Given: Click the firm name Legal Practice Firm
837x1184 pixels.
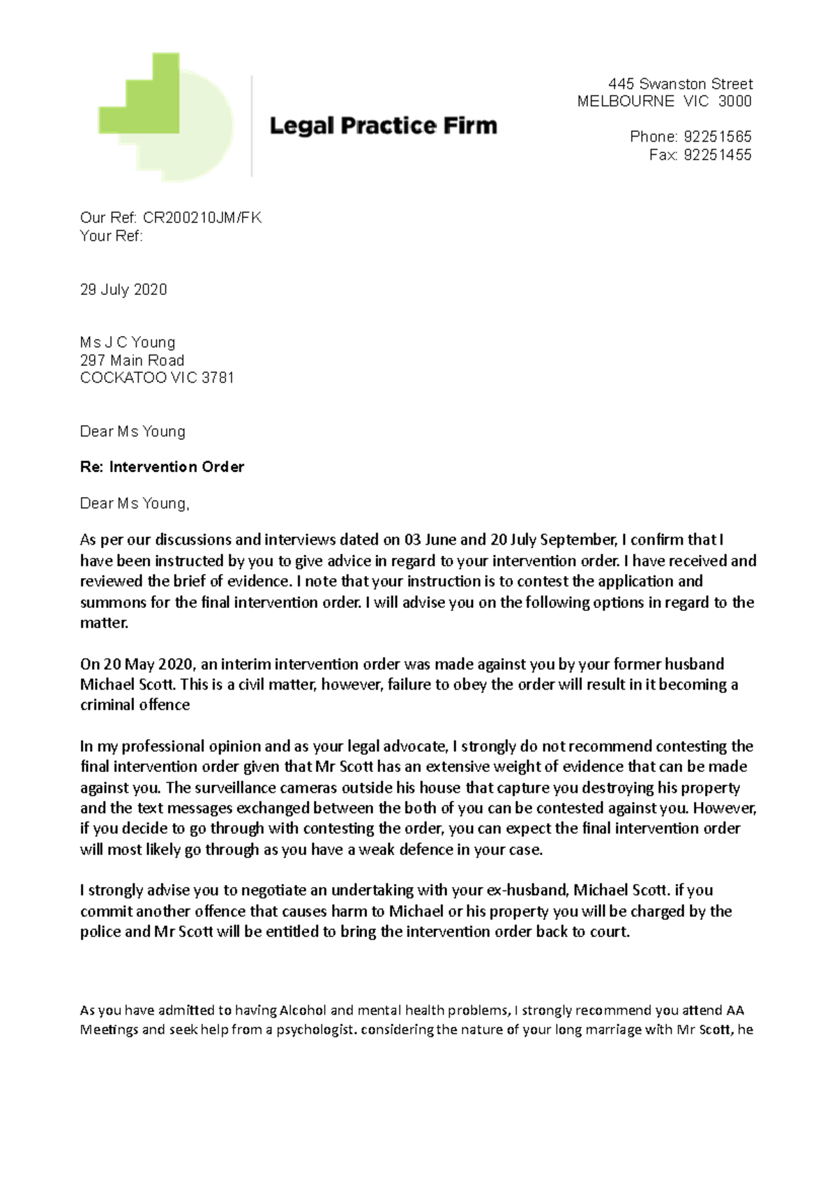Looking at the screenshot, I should pyautogui.click(x=383, y=126).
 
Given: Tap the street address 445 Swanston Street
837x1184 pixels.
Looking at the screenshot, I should pyautogui.click(x=680, y=84).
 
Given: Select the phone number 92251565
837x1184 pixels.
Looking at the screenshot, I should pyautogui.click(x=717, y=137).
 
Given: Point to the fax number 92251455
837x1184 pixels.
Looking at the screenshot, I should pyautogui.click(x=717, y=155).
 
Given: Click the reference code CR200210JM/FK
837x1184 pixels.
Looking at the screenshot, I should pyautogui.click(x=202, y=218).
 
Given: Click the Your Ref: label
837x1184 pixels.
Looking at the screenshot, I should pyautogui.click(x=112, y=236).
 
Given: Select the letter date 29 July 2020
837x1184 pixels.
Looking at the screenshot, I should pyautogui.click(x=123, y=289).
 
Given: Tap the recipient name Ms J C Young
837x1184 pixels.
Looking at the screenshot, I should pyautogui.click(x=128, y=342).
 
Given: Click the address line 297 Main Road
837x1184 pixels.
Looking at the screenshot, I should pyautogui.click(x=132, y=360).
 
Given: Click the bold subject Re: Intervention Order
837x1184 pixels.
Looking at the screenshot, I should pyautogui.click(x=162, y=466).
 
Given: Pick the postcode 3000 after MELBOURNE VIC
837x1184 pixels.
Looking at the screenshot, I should pyautogui.click(x=734, y=102).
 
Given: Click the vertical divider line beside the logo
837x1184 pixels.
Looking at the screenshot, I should pyautogui.click(x=252, y=126).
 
